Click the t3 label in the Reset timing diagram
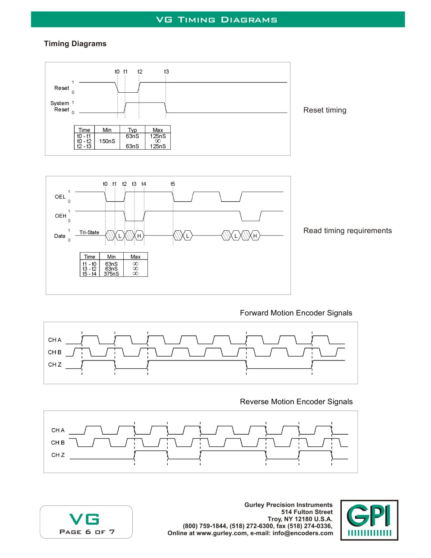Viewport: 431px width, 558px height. pos(166,72)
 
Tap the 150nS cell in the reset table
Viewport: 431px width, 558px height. pos(107,141)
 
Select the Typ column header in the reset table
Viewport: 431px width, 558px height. pos(132,130)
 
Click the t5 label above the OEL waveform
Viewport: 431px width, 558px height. pos(173,184)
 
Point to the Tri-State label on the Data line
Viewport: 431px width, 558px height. pos(89,232)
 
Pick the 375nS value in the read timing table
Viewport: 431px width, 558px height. pos(111,274)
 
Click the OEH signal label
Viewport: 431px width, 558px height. pos(60,216)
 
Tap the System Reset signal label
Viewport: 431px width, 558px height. pos(60,107)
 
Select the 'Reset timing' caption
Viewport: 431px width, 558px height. pos(325,110)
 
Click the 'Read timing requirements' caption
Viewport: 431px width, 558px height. pos(348,231)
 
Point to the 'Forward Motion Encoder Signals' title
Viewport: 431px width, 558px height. pos(296,313)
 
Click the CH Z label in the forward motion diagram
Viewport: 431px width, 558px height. pos(55,364)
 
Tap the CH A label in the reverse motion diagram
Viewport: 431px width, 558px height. pos(58,430)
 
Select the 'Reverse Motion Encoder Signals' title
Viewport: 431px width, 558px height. pos(297,401)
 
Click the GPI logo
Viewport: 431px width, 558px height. pos(369,520)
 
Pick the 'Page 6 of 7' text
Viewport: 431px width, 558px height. pos(87,532)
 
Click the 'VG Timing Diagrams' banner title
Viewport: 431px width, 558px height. pos(217,20)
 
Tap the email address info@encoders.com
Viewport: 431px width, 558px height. pos(303,533)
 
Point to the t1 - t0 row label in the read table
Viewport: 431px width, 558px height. pos(89,264)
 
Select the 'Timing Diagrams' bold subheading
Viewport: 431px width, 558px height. pos(75,44)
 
